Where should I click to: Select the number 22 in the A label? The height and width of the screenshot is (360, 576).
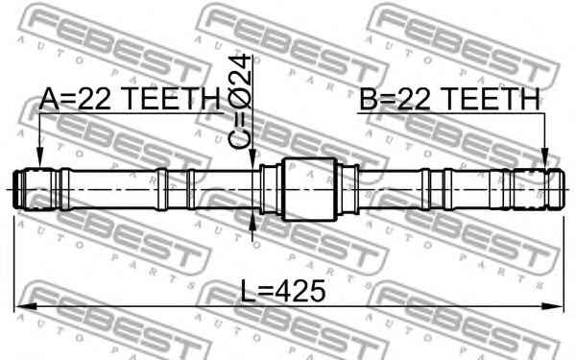pyautogui.click(x=88, y=99)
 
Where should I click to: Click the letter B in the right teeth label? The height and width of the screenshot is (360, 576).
pyautogui.click(x=369, y=99)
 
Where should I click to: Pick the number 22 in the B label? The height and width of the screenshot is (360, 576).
pyautogui.click(x=409, y=99)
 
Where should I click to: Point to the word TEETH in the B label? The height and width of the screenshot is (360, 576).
pyautogui.click(x=486, y=99)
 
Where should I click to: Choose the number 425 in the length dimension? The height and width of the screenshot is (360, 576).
pyautogui.click(x=300, y=289)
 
